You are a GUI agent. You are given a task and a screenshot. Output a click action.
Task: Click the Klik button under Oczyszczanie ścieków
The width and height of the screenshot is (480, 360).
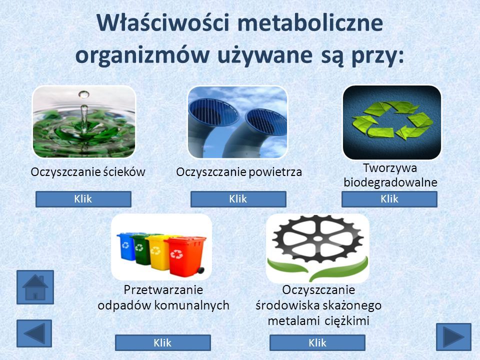point(83,199)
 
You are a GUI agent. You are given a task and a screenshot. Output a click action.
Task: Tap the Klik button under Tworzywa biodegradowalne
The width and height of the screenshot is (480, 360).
point(389,199)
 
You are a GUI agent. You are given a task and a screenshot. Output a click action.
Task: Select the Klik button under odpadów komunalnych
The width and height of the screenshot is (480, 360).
point(163,342)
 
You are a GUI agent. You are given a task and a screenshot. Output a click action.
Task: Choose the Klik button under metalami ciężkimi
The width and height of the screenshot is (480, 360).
point(317,342)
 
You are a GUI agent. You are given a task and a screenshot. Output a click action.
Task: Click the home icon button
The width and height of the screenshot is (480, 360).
point(35,287)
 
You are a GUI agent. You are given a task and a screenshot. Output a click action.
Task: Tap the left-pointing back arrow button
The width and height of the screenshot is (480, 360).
point(34,333)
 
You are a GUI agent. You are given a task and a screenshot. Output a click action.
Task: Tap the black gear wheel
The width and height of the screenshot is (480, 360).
point(318,239)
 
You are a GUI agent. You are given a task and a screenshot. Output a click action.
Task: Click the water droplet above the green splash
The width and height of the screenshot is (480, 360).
point(83,94)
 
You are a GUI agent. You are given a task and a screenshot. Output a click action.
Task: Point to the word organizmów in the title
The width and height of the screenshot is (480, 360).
point(142,55)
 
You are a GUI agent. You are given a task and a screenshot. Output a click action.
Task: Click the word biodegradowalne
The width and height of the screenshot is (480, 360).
point(390,182)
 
